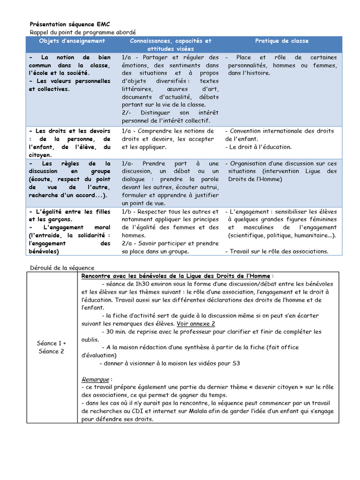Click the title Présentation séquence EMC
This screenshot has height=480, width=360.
[70, 24]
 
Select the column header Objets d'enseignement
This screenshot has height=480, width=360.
[72, 41]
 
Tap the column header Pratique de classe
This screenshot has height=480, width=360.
[282, 41]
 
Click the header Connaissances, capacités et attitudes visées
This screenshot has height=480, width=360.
[171, 45]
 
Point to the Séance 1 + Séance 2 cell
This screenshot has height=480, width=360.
[52, 347]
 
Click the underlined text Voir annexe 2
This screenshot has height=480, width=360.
[196, 323]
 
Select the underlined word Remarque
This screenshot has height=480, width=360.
[95, 379]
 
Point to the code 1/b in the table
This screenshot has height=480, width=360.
[126, 212]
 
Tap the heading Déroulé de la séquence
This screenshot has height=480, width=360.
[62, 267]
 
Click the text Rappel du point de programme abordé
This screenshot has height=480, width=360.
[82, 32]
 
